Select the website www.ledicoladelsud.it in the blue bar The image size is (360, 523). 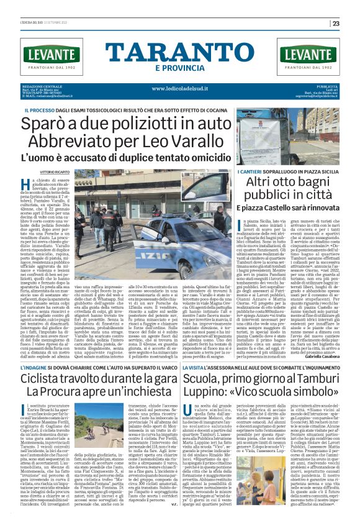tap(180, 88)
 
